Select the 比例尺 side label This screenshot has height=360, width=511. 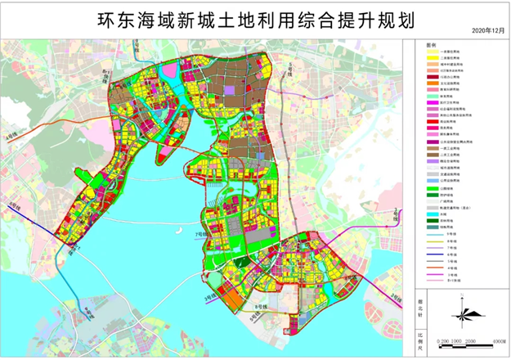click(421, 339)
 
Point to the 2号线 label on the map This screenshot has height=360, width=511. click(396, 214)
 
